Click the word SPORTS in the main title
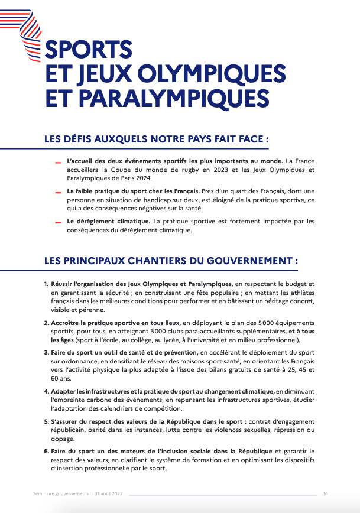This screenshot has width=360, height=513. (x=89, y=48)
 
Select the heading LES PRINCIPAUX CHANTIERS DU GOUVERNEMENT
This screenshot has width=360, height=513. (x=171, y=260)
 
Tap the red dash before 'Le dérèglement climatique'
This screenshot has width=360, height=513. (x=59, y=223)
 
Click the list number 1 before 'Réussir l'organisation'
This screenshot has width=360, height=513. (x=46, y=284)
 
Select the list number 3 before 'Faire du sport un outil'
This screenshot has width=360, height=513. (x=46, y=353)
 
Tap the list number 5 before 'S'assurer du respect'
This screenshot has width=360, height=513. (x=46, y=422)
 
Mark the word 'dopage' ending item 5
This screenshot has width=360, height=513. (x=63, y=439)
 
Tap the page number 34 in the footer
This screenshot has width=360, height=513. (x=325, y=493)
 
